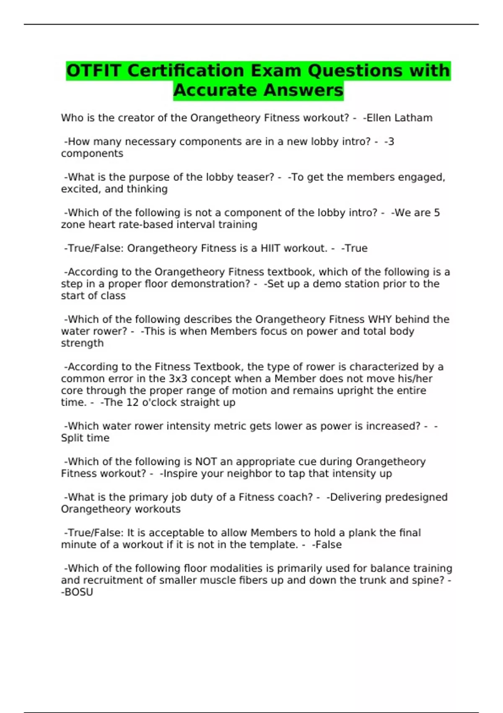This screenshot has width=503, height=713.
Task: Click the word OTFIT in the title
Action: coord(94,70)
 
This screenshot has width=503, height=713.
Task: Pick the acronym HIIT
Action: coord(270,248)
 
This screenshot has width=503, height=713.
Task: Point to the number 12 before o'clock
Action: coord(132,403)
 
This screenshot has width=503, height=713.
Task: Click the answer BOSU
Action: coord(79,592)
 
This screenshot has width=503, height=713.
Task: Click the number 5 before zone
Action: coord(437,213)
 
